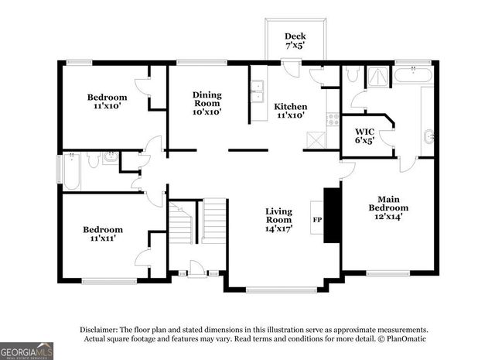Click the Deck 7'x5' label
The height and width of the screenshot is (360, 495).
(x=295, y=40)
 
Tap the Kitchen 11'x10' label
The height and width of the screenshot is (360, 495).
(x=291, y=111)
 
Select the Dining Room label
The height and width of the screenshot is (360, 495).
(x=207, y=103)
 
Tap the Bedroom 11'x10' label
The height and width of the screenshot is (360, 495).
(x=106, y=101)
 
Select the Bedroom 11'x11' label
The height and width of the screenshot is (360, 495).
(x=103, y=235)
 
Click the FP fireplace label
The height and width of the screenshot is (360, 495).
(x=317, y=220)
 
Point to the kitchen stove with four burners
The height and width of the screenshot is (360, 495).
(x=333, y=119)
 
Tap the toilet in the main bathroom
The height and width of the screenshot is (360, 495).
(x=352, y=74)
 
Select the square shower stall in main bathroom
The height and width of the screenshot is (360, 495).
(x=379, y=75)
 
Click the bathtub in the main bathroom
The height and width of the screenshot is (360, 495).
(x=414, y=76)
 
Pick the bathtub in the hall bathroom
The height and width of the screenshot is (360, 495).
(x=71, y=172)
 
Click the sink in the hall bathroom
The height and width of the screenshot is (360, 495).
(x=109, y=159)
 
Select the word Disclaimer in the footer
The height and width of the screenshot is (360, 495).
(x=97, y=329)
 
